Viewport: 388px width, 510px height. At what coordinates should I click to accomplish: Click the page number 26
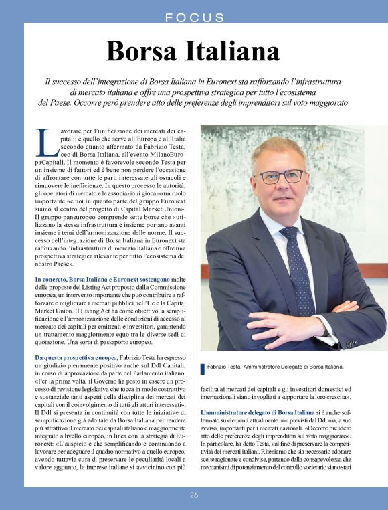194,495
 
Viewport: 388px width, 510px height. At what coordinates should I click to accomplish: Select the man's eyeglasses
280,177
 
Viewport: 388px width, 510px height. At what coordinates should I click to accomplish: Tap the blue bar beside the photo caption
203,369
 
